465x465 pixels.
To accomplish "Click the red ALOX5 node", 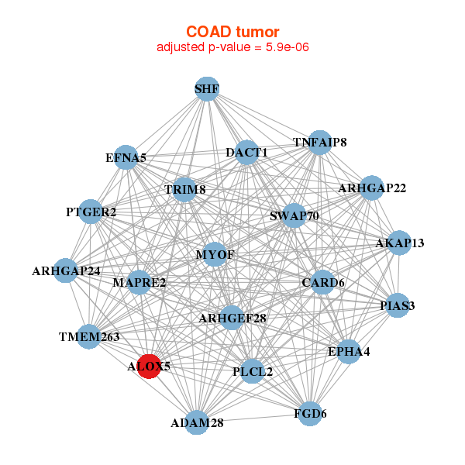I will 148,366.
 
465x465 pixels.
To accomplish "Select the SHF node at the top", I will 206,89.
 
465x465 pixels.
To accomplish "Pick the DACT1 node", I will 246,153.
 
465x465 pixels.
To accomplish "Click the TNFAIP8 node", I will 319,143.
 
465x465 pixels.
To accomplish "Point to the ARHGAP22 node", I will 372,188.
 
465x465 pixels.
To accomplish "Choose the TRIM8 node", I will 184,189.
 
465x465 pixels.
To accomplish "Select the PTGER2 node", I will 91,212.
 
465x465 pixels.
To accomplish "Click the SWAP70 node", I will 294,215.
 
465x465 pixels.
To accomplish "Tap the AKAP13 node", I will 399,243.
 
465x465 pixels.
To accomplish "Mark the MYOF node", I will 215,254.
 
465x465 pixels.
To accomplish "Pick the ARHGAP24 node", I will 66,271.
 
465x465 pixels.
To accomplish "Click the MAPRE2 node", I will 139,283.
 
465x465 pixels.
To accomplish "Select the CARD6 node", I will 322,282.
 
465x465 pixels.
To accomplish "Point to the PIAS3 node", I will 398,305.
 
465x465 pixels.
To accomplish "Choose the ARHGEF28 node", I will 232,318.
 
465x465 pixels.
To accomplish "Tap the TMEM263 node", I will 90,336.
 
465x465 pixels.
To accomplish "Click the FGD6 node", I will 311,413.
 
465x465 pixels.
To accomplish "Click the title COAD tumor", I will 232,32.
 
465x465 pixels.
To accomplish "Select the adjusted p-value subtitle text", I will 232,47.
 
